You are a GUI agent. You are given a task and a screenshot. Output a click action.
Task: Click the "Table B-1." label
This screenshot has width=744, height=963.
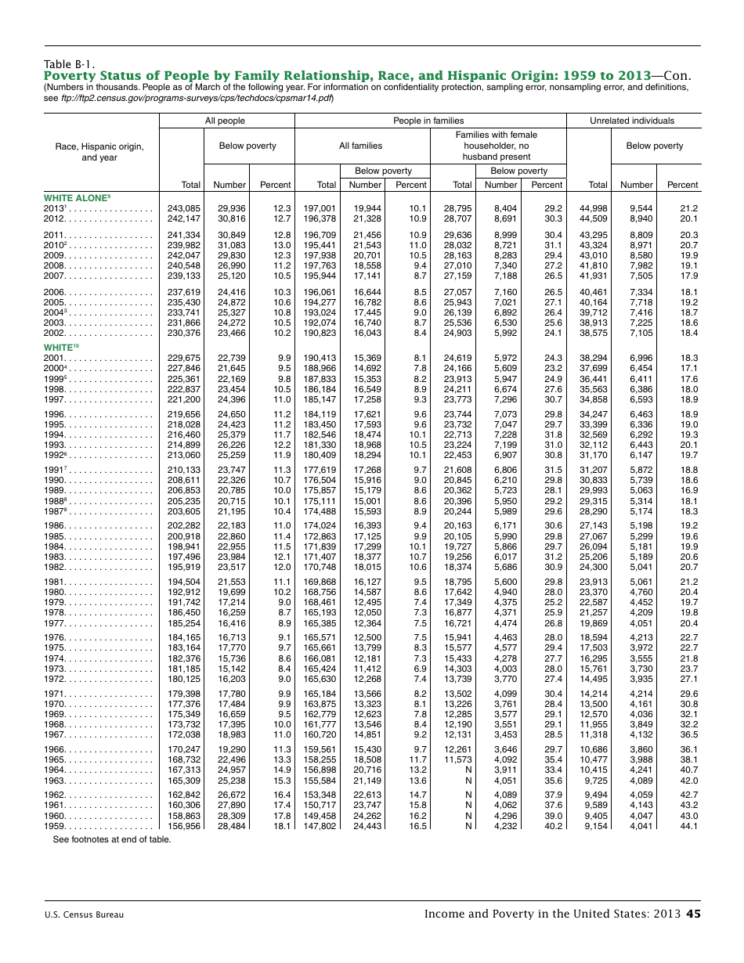[69, 64]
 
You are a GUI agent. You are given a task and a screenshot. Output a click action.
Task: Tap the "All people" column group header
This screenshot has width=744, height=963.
[225, 121]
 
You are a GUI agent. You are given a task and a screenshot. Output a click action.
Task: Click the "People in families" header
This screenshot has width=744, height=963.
[428, 121]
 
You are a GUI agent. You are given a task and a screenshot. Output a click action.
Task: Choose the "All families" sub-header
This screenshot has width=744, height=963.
[360, 146]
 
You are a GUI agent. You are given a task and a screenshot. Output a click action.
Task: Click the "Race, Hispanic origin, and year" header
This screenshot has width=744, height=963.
[99, 152]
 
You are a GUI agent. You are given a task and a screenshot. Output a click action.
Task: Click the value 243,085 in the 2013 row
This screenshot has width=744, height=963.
[184, 209]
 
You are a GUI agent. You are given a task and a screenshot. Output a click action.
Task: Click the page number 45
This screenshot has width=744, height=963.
[693, 913]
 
